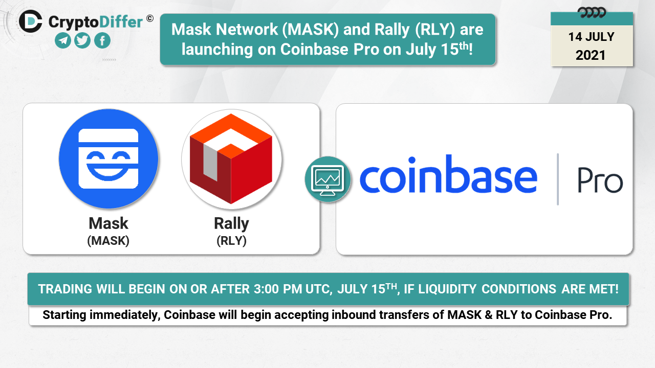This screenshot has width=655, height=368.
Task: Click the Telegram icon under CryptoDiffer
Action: click(x=63, y=40)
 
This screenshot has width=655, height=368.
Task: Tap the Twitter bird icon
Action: click(x=82, y=40)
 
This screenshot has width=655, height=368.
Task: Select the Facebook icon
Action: click(x=102, y=40)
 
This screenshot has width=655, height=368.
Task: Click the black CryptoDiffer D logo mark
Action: click(x=30, y=21)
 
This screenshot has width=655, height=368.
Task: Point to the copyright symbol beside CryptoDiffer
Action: click(x=150, y=19)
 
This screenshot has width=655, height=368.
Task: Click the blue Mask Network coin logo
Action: click(x=108, y=159)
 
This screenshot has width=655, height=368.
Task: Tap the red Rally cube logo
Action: click(x=231, y=159)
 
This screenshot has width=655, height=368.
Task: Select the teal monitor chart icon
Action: click(x=328, y=179)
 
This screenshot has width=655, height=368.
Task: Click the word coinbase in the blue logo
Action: click(x=448, y=174)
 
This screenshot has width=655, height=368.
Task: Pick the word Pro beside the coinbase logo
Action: click(x=600, y=180)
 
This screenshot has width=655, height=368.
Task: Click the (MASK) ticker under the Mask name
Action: click(x=108, y=241)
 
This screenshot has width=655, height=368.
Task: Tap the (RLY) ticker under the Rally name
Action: click(x=232, y=241)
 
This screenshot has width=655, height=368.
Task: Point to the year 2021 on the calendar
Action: click(x=591, y=56)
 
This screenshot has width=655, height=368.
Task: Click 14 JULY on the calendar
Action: click(x=591, y=37)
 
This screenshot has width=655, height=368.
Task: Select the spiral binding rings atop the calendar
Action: click(x=592, y=13)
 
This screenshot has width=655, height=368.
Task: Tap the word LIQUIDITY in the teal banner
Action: click(x=447, y=289)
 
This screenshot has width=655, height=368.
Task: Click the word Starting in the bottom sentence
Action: click(x=64, y=315)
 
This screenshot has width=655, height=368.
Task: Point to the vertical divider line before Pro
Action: click(x=558, y=179)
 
